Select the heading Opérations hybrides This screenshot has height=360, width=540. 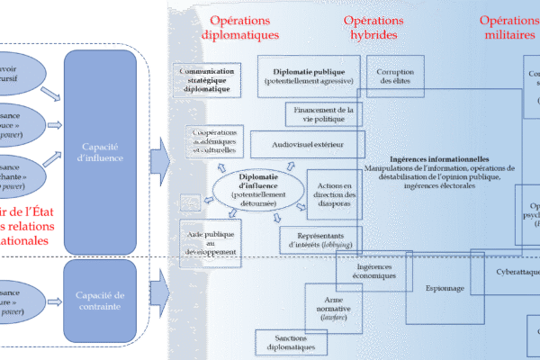pos(376,28)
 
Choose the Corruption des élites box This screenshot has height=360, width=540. pos(394,76)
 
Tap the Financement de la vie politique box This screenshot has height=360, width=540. pos(326,114)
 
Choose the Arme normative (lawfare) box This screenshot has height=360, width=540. pos(328,307)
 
